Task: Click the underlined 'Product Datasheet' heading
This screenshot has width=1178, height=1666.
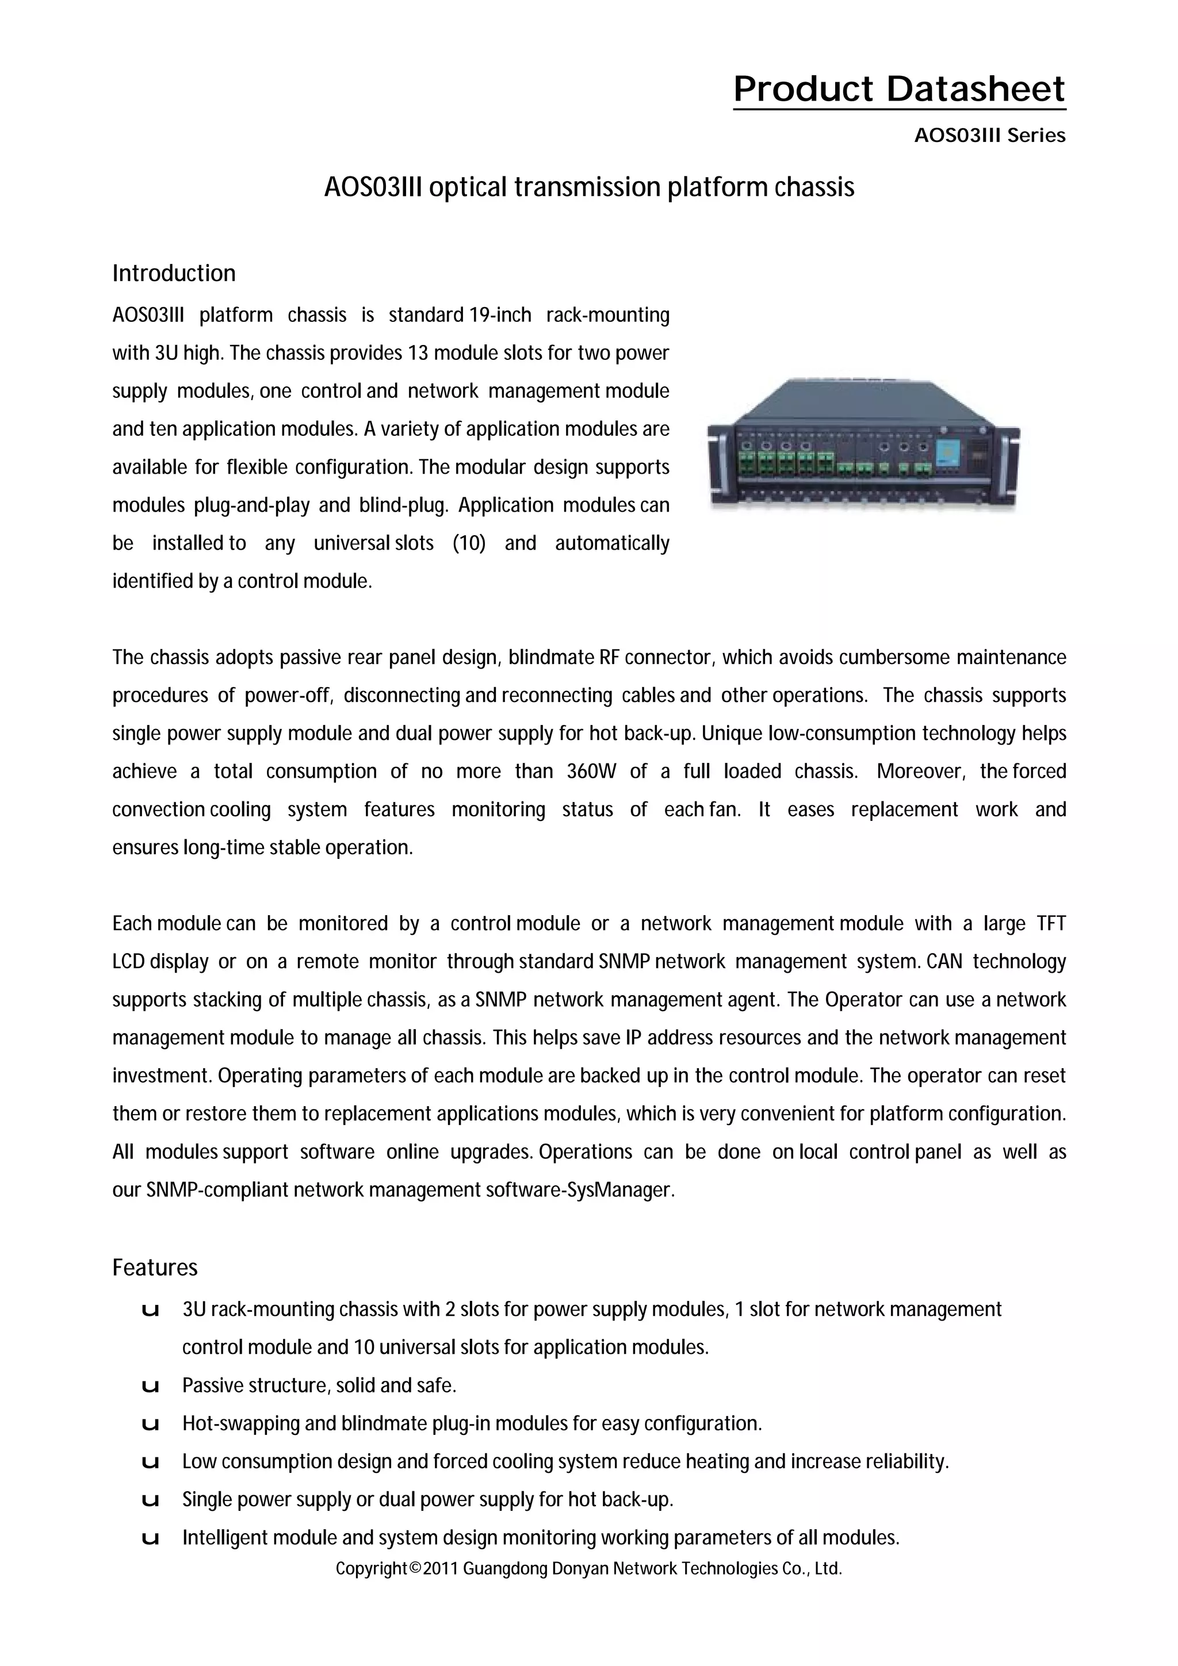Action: pyautogui.click(x=898, y=89)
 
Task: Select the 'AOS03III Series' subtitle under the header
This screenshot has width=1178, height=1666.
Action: pyautogui.click(x=989, y=136)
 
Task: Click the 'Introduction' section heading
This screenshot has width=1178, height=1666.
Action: pyautogui.click(x=174, y=274)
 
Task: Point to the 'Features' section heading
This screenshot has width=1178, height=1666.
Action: pyautogui.click(x=155, y=1268)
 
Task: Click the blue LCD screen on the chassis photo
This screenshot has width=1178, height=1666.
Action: pyautogui.click(x=946, y=454)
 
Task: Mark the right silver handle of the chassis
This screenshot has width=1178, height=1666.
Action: pyautogui.click(x=1012, y=464)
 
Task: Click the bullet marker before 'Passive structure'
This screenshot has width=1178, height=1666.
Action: pyautogui.click(x=151, y=1387)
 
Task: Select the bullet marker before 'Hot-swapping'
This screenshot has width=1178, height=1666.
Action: pyautogui.click(x=151, y=1425)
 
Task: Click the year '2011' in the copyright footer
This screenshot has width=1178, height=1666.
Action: pyautogui.click(x=440, y=1569)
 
